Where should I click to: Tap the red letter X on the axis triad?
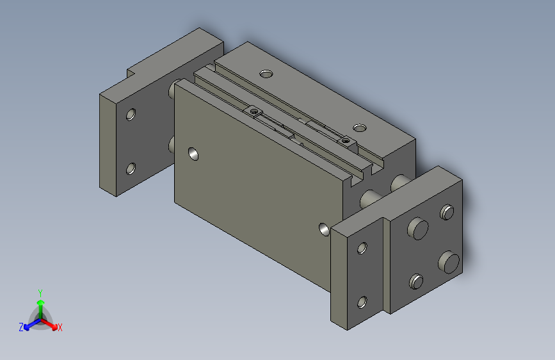60,328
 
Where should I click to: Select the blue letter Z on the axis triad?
21,327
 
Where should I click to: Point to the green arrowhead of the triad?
40,302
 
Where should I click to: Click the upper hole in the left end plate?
131,115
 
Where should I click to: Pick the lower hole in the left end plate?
131,169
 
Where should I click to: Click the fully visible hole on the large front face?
193,154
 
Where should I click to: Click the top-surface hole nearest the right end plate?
360,128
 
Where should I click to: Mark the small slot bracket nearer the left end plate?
255,112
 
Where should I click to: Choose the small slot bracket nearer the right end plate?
347,140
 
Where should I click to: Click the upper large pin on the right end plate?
419,228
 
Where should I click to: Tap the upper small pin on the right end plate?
447,211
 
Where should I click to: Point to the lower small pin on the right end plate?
417,281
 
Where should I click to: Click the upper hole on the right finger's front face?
362,248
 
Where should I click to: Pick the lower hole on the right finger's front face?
362,302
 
